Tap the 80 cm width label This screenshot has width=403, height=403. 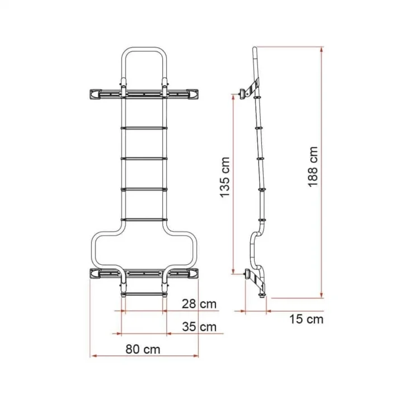[x=143, y=349]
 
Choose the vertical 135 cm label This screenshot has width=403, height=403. [x=224, y=176]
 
